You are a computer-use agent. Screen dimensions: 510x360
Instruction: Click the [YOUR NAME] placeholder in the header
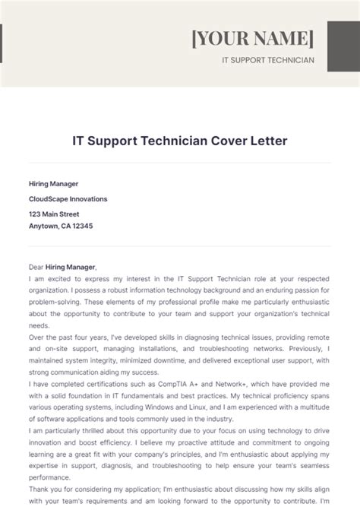coord(252,38)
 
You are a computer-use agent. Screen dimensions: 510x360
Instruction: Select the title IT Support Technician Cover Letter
coord(180,141)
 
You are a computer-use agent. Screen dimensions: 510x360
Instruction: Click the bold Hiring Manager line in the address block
coord(53,184)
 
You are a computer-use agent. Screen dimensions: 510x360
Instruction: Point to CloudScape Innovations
coord(68,199)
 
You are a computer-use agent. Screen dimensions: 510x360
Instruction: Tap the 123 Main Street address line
coord(54,214)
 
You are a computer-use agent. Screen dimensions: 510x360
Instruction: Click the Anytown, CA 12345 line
coord(62,226)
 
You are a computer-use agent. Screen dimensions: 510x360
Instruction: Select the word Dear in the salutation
coord(36,268)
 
